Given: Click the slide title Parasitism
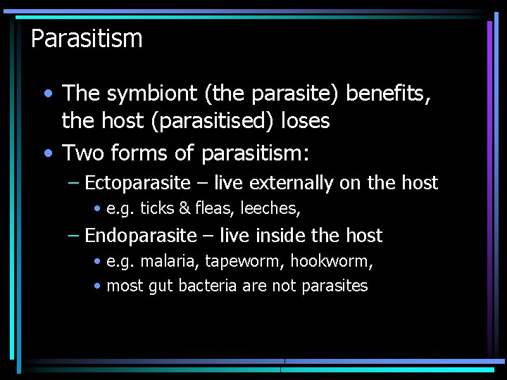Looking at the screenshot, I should click(x=87, y=38).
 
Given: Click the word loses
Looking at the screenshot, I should click(x=305, y=121).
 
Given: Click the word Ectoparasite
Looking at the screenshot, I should click(x=137, y=184).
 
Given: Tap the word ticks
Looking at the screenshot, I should click(x=155, y=208).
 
